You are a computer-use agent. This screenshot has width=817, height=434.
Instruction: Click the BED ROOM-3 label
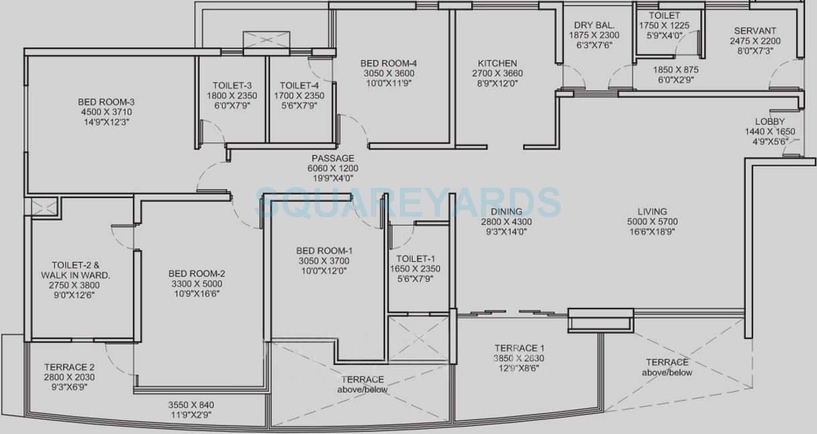[106, 102]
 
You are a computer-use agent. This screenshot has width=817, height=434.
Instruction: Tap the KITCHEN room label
[497, 63]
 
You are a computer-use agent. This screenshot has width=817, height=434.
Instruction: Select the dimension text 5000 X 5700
[653, 221]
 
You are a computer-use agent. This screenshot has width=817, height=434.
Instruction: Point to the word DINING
[506, 211]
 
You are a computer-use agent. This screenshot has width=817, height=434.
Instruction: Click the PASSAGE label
[333, 158]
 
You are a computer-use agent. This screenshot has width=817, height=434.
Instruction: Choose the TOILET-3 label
[232, 86]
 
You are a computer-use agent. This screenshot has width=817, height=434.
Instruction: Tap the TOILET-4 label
[299, 86]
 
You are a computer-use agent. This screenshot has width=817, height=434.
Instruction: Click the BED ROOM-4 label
[388, 63]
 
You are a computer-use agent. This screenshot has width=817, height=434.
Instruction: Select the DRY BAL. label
[594, 25]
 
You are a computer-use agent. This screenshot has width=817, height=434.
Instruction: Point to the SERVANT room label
[755, 31]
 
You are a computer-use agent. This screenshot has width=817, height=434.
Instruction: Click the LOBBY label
[769, 121]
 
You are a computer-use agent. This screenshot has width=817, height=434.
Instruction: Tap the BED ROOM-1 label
[324, 251]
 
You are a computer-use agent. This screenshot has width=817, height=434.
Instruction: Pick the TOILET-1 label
[415, 259]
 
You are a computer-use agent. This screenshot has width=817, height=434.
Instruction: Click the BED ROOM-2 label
[197, 274]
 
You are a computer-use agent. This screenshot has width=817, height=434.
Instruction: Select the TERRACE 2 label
[69, 367]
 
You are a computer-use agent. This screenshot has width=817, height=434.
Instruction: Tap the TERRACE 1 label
[519, 348]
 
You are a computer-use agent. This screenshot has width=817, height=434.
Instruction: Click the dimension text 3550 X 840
[191, 405]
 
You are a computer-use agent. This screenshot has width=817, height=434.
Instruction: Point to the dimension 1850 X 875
[676, 70]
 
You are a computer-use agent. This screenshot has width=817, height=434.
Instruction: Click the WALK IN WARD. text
[76, 275]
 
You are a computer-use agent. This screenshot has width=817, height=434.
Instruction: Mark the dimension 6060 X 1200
[333, 168]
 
